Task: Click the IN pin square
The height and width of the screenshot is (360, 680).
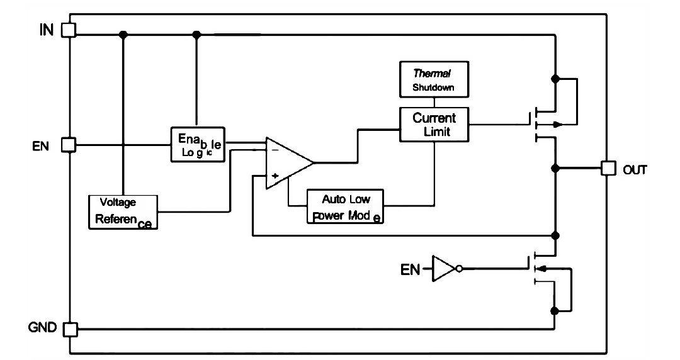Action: tap(69, 30)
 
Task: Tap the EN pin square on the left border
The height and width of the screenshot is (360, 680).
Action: tap(69, 145)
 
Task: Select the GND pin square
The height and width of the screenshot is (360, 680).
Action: tap(71, 330)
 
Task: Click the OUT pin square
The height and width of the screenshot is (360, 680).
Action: tap(608, 168)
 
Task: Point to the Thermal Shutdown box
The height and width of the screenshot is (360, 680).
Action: tap(434, 79)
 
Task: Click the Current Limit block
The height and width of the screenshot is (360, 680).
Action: tap(434, 125)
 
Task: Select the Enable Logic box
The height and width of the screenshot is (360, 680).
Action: tap(198, 145)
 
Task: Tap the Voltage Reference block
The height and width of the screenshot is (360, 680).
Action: tap(123, 212)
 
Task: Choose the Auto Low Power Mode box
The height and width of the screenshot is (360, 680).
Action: tap(345, 206)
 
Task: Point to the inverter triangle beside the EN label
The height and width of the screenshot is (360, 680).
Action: tap(443, 269)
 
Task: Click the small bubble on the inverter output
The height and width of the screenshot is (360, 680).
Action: tap(459, 269)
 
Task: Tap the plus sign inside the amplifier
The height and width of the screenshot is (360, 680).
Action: tap(275, 176)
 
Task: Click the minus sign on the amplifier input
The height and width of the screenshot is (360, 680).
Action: tap(275, 150)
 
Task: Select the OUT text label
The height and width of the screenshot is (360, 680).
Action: tap(635, 169)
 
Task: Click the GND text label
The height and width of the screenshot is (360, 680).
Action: tap(42, 327)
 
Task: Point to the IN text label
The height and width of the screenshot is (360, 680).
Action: tap(47, 30)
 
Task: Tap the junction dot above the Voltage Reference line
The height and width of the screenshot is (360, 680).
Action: tap(123, 34)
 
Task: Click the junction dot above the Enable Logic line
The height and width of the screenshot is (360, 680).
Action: tap(197, 34)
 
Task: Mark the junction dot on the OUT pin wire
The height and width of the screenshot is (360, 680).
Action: tap(555, 168)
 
